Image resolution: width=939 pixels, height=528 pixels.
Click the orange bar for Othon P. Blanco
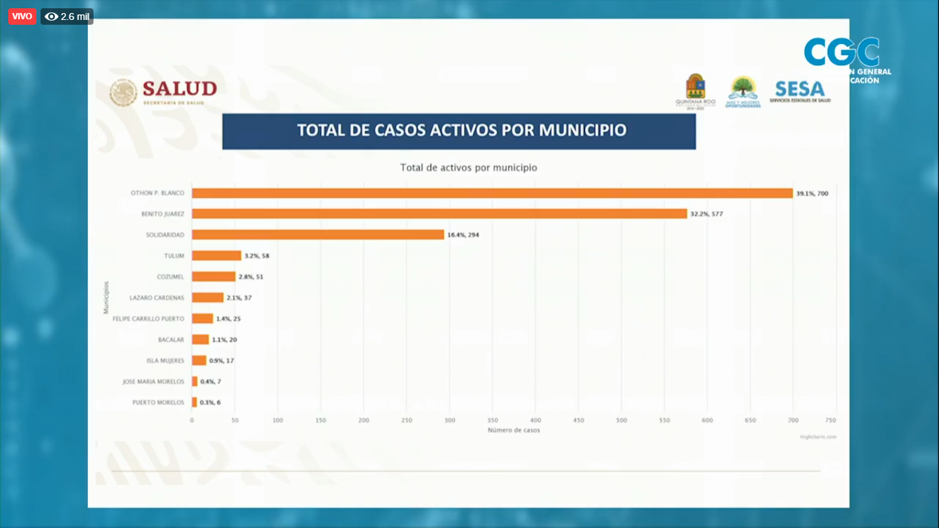(491, 193)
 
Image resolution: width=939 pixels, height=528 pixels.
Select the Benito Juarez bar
(439, 214)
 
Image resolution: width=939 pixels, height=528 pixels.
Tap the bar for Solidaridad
(318, 234)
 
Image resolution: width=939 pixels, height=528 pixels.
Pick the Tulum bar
(217, 256)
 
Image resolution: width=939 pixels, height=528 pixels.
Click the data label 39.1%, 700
(812, 194)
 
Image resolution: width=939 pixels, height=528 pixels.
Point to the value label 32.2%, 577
(707, 214)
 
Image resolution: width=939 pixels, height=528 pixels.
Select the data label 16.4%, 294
(463, 235)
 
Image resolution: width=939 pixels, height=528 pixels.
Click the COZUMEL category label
(170, 277)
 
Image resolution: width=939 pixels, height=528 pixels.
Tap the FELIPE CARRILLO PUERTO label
(148, 319)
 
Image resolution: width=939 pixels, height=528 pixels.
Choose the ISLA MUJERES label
(165, 361)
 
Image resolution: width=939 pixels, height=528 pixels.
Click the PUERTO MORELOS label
(158, 403)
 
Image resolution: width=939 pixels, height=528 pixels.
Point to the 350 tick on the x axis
(493, 420)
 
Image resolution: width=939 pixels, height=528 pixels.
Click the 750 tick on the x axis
(830, 420)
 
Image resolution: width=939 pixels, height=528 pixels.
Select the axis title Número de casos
(513, 430)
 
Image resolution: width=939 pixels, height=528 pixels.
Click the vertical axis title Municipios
(107, 298)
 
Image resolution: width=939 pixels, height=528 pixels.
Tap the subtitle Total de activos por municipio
(469, 168)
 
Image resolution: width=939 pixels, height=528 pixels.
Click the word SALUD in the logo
(179, 89)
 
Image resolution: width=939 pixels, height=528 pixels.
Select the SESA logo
(799, 90)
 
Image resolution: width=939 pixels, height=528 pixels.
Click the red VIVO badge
(22, 16)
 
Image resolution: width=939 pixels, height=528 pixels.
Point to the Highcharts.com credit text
(817, 437)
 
